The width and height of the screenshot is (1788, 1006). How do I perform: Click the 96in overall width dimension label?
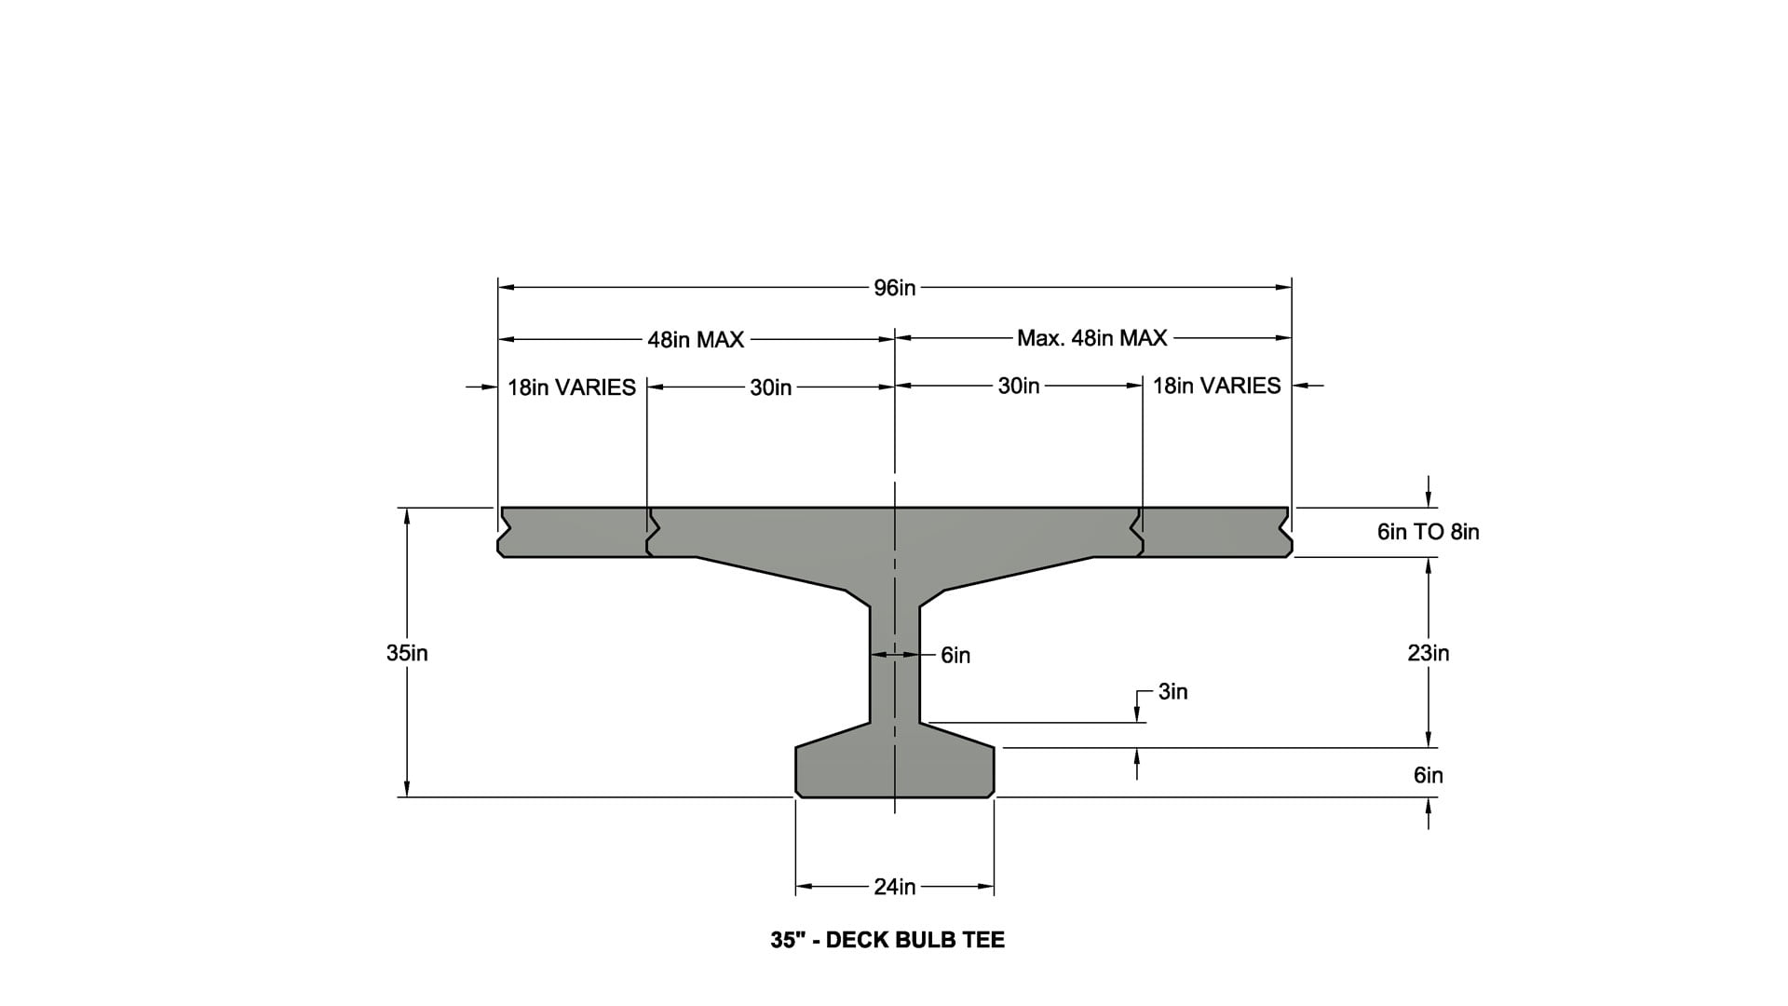894,288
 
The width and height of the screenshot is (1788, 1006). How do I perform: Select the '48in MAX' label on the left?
696,340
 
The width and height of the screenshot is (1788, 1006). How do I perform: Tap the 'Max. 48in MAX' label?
1091,337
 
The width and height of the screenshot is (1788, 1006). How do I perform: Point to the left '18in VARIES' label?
571,387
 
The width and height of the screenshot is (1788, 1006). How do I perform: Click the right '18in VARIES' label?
1216,386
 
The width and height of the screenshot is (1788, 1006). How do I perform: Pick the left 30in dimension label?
770,387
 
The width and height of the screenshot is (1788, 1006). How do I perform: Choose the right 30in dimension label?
1018,386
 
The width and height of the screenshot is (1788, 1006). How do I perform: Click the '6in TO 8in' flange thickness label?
1428,532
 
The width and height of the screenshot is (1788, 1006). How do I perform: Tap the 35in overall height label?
407,653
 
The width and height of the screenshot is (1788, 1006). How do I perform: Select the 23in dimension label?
1428,653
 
